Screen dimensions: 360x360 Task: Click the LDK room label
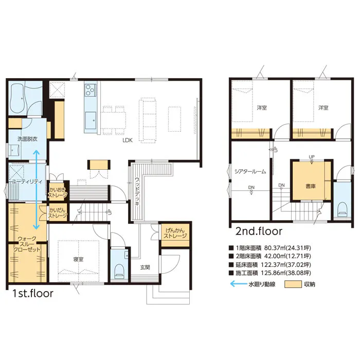click(x=128, y=140)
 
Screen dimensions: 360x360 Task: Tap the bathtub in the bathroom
click(x=17, y=99)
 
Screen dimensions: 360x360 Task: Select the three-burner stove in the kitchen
click(x=90, y=89)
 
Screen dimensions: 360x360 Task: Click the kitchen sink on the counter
click(x=91, y=119)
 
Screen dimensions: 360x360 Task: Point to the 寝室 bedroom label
click(x=78, y=259)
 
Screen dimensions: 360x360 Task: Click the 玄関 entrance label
click(x=145, y=267)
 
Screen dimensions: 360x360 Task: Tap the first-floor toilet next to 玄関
click(x=119, y=271)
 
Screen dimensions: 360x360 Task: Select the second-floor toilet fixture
click(x=342, y=209)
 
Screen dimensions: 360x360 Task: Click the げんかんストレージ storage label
click(x=175, y=233)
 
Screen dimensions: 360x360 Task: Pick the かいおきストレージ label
click(x=58, y=193)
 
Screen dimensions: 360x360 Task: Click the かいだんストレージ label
click(x=58, y=213)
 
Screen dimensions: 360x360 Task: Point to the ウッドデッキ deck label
click(x=137, y=192)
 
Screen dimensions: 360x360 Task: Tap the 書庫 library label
click(x=311, y=186)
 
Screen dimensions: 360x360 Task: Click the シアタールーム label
click(x=250, y=171)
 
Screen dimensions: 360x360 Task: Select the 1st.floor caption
click(x=32, y=294)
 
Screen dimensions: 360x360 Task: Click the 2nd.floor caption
click(x=259, y=231)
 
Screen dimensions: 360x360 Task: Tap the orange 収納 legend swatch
click(x=293, y=284)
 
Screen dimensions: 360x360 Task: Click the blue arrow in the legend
click(x=239, y=284)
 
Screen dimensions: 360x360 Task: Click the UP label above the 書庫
click(x=312, y=157)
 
